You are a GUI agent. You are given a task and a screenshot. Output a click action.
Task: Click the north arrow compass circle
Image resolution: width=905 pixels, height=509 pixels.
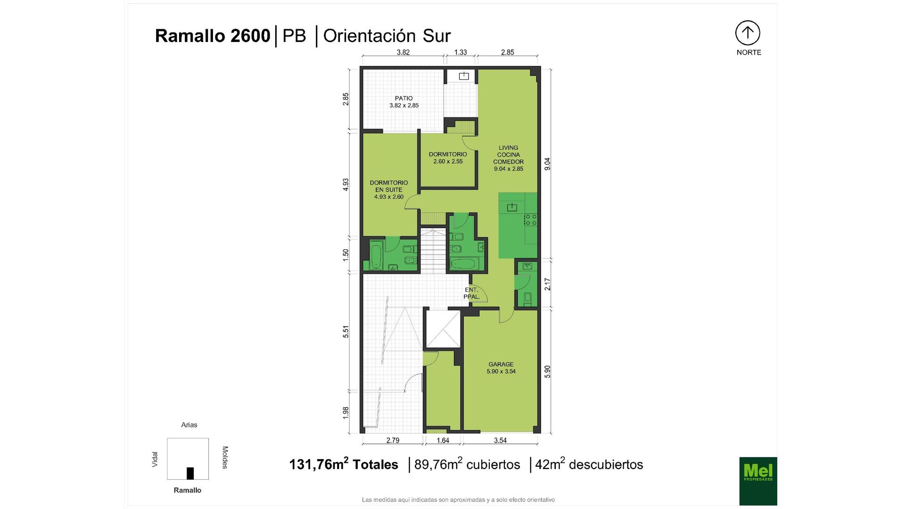[748, 33]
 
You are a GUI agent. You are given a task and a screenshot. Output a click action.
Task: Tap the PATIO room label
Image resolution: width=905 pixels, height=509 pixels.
[404, 99]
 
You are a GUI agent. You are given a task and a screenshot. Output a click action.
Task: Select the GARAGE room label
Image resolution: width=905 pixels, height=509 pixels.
[501, 364]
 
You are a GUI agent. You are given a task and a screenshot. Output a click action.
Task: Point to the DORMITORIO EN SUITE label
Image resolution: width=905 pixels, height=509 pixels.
[389, 186]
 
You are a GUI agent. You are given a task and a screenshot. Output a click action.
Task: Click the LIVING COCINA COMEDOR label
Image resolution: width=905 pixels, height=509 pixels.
[509, 155]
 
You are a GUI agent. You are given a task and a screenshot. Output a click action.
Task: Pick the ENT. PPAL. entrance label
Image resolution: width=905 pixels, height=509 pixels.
[471, 293]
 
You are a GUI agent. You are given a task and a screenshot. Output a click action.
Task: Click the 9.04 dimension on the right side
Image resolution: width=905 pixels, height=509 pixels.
[547, 164]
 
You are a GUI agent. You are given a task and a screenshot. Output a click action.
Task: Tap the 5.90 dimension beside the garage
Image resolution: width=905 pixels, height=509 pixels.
[547, 371]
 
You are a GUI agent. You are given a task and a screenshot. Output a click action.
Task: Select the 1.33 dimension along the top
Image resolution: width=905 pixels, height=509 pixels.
[461, 52]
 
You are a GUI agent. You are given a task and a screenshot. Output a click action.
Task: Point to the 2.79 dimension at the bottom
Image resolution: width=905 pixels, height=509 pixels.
[393, 440]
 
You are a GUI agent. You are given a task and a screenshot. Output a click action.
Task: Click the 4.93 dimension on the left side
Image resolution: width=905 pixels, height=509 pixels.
[346, 184]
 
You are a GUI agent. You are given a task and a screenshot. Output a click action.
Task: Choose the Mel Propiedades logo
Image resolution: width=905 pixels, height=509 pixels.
[758, 481]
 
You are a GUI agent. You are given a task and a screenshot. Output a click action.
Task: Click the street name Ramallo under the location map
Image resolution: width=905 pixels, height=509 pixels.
[187, 490]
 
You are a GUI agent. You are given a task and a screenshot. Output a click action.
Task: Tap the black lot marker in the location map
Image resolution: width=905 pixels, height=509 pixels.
[190, 473]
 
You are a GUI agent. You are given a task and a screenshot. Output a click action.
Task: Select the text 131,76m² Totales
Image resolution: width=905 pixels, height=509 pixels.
[344, 464]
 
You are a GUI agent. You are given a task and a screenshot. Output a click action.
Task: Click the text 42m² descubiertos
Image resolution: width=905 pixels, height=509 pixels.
[589, 464]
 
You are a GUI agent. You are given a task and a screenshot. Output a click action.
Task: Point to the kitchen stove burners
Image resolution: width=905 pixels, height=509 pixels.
[531, 219]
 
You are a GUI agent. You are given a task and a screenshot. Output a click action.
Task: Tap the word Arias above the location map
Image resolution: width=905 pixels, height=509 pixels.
[189, 425]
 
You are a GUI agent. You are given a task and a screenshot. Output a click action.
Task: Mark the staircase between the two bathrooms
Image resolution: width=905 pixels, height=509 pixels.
[433, 250]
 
